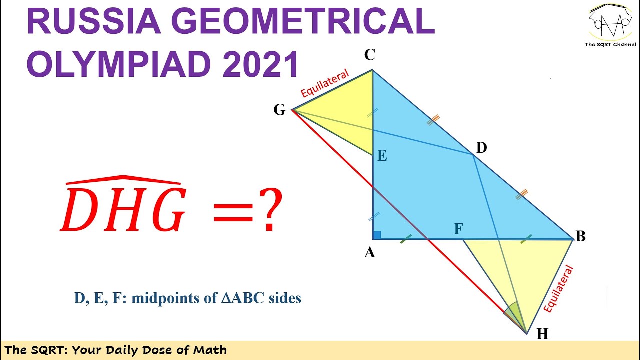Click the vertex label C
370,55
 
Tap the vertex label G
279,110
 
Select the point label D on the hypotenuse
481,148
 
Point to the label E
382,156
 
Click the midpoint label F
458,229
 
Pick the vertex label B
580,236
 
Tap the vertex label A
369,253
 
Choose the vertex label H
542,334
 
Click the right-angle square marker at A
377,235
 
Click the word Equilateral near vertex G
325,82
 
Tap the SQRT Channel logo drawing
610,22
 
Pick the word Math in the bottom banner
211,350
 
